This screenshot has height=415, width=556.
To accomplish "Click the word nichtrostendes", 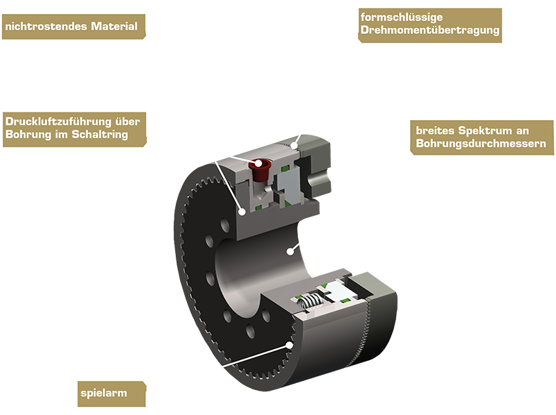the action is point(46,26).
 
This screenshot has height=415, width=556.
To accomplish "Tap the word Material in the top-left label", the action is point(114,26).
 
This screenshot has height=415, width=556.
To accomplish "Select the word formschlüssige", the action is point(402,17).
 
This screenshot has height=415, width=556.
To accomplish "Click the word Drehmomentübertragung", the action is point(430,30).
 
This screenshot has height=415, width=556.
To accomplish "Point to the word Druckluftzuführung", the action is point(58,121).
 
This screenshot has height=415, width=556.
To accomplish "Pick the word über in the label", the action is point(128,121).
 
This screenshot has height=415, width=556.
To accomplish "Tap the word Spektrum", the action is point(485,131).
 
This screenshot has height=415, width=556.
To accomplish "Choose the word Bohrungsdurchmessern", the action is point(481,144).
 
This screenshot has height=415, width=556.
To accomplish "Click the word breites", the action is point(435,130).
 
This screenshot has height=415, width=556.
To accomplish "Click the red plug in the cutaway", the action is point(261,170).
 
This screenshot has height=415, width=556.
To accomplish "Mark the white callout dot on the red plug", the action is point(258,164).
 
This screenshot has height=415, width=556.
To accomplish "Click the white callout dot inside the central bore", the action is point(291,251).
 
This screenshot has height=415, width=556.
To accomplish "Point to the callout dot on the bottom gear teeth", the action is point(290,345).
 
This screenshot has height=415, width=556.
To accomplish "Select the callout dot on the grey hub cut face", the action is point(242,212).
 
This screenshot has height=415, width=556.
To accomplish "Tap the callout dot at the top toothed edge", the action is point(294,145).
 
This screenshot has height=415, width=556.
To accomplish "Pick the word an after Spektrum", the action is point(523,131).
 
